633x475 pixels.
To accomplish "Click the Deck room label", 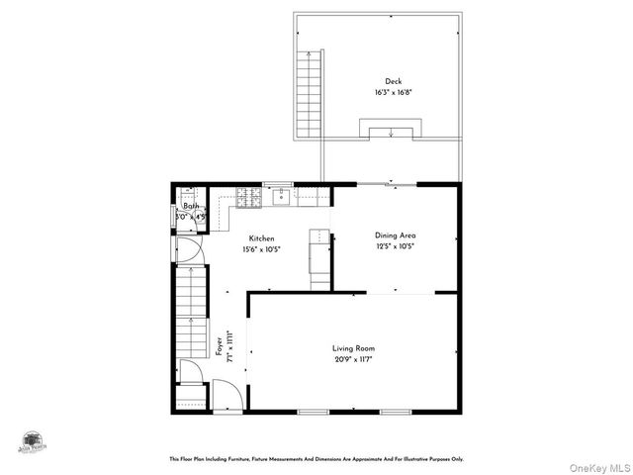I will tap(394, 81).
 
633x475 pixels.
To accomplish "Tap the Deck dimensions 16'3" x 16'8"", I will tap(394, 92).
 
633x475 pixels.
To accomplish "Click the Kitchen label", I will tap(261, 238).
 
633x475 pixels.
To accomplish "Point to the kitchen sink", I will tap(282, 195).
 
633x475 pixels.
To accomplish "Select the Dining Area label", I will tap(395, 236).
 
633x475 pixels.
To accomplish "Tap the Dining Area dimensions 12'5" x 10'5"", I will tap(395, 246).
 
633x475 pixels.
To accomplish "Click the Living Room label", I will tap(353, 348).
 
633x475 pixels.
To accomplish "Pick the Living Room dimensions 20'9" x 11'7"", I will tap(353, 359).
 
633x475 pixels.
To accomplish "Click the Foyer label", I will tap(219, 346).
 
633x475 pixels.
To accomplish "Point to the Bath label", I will tap(190, 206).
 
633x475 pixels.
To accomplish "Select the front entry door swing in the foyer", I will tap(226, 397).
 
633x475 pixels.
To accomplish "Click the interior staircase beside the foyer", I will tap(190, 317).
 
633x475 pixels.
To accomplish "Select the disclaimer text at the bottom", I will tap(316, 459).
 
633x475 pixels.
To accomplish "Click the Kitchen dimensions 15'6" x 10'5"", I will tap(261, 250).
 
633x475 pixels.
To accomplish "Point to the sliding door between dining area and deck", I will tap(386, 184).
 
